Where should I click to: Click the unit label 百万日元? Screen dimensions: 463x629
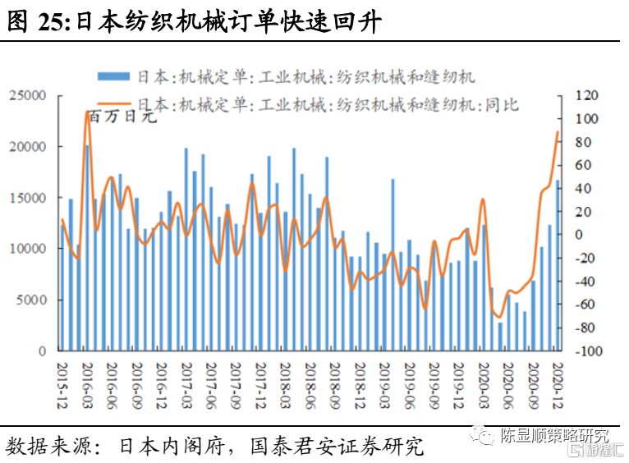point(122,117)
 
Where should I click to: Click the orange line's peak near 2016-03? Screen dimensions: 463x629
point(87,112)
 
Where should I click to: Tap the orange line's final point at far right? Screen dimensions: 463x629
point(558,131)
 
